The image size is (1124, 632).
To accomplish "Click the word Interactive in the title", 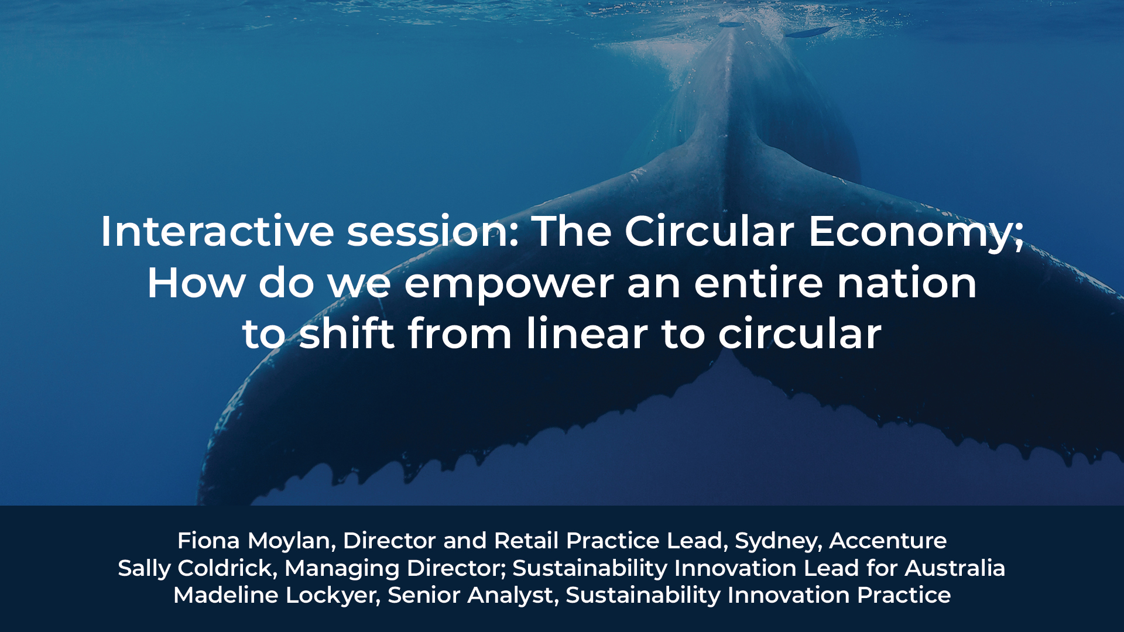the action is pyautogui.click(x=217, y=231).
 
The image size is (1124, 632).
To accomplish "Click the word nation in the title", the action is pyautogui.click(x=907, y=283).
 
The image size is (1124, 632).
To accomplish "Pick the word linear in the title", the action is pyautogui.click(x=587, y=333).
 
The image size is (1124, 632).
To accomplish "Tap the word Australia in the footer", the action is pyautogui.click(x=955, y=568).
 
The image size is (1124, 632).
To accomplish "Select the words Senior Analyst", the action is pyautogui.click(x=471, y=596).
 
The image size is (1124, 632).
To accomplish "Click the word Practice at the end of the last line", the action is pyautogui.click(x=904, y=595).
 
